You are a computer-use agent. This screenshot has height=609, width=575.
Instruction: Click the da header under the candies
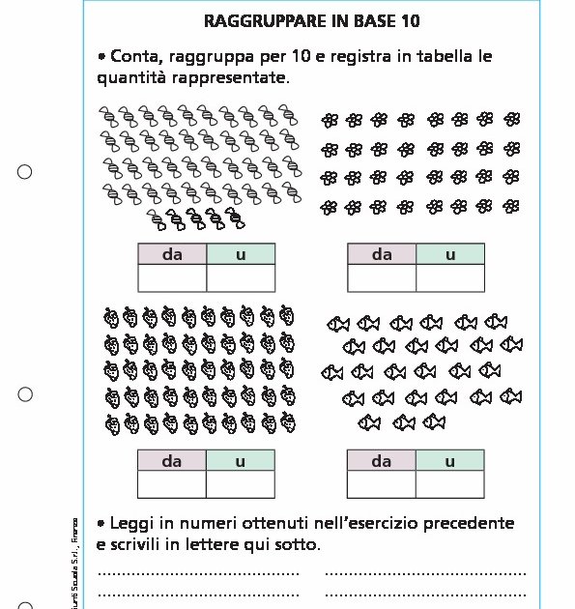pos(172,254)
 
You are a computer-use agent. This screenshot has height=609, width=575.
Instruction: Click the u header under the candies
pos(241,254)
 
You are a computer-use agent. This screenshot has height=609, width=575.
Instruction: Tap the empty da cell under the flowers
pos(382,277)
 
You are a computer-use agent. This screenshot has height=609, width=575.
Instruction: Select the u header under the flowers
pos(450,254)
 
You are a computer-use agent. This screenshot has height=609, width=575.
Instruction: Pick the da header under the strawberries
pos(172,461)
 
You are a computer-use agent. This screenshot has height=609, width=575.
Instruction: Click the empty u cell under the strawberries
pos(241,484)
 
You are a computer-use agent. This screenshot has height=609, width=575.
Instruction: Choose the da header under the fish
pos(382,461)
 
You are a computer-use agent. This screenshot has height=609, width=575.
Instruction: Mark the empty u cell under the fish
pos(450,484)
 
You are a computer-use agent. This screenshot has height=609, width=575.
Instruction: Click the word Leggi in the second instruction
pos(132,524)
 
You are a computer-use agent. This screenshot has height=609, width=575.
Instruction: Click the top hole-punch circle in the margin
pos(25,172)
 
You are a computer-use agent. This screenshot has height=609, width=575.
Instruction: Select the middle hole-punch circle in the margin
pos(25,394)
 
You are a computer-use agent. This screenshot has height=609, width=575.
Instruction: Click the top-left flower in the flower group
pos(331,120)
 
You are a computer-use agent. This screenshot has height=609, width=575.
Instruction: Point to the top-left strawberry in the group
pos(111,316)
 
